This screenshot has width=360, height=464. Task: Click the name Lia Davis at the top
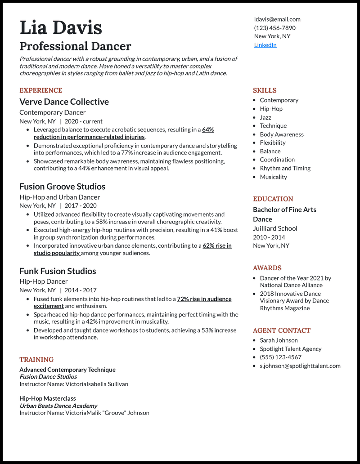(x=61, y=28)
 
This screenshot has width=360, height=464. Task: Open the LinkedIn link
(x=265, y=45)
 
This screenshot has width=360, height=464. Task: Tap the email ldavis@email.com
(x=277, y=19)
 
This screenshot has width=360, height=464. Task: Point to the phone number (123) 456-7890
(x=274, y=28)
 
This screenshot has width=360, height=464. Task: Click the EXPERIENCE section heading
(x=40, y=90)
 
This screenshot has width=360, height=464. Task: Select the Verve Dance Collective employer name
(x=64, y=102)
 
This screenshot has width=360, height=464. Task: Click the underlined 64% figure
(x=208, y=129)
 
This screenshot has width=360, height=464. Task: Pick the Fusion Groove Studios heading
(x=62, y=187)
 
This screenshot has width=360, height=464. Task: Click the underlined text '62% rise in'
(x=217, y=245)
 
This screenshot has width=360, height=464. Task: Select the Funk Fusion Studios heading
(x=58, y=271)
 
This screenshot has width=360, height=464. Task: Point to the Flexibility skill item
(x=272, y=143)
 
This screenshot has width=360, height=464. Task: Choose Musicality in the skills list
(x=273, y=177)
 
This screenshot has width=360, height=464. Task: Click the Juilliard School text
(x=275, y=228)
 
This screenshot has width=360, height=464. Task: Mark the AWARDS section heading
(x=267, y=268)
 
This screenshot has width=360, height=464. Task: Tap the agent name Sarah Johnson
(x=279, y=340)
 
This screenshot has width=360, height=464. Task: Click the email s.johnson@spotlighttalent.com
(x=300, y=366)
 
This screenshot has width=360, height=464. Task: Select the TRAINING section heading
(x=36, y=360)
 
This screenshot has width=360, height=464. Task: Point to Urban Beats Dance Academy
(x=58, y=406)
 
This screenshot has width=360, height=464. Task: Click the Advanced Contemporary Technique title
(x=67, y=370)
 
